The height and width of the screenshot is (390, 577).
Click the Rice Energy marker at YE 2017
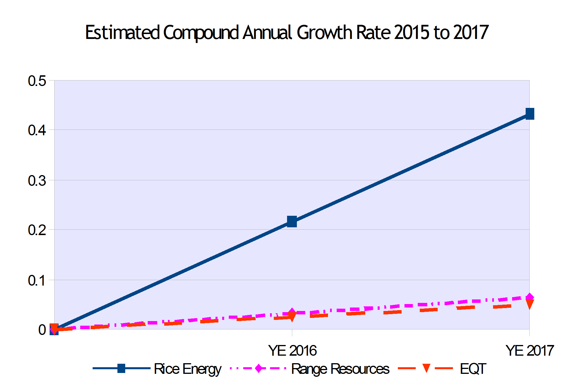[x=530, y=114]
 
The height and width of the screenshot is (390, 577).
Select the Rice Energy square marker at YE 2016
[x=292, y=222]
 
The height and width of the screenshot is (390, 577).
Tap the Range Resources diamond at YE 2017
[x=529, y=297]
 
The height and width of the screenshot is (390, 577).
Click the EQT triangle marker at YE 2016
[x=292, y=317]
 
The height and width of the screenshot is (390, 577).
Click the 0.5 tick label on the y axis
[x=37, y=81]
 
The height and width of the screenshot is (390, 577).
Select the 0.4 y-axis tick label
[x=37, y=130]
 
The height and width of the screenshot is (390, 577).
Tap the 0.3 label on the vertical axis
[x=37, y=181]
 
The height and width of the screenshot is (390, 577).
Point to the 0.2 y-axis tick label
[x=37, y=230]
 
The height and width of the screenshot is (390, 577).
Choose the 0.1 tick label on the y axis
[x=37, y=281]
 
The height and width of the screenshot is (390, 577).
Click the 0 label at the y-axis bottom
[x=42, y=330]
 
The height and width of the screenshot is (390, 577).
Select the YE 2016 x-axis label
[x=292, y=350]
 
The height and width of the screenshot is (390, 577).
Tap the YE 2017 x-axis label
[x=530, y=350]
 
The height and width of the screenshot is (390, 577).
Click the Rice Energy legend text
[x=188, y=369]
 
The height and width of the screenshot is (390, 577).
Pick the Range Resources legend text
[x=340, y=369]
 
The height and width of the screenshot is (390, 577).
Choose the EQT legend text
[x=473, y=369]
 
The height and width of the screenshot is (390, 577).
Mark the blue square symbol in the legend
[x=121, y=368]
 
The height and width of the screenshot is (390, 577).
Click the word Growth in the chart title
[x=325, y=32]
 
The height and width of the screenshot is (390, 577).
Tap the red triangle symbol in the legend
[x=426, y=368]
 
